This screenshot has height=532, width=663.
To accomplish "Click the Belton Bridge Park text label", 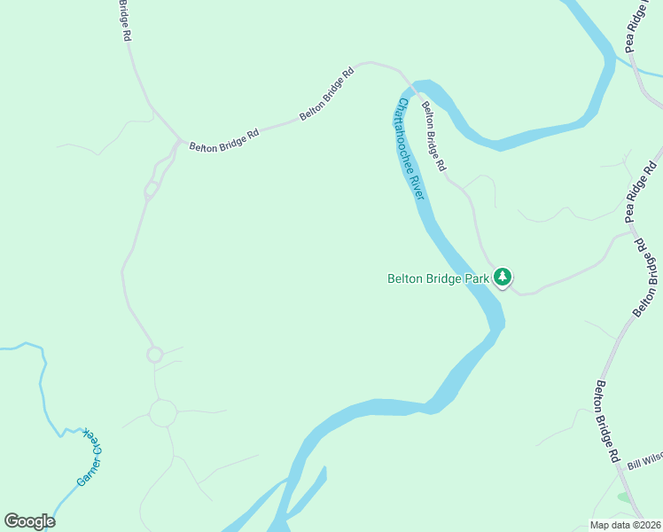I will [x=438, y=278].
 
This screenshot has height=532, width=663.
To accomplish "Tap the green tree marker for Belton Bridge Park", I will [x=503, y=278].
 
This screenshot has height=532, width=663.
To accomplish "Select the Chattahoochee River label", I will [x=410, y=148].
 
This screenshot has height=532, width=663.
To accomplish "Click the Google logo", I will [x=29, y=521].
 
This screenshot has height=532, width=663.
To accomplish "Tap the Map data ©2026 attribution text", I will [x=626, y=525].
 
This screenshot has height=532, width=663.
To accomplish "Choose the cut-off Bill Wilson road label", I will [x=644, y=460].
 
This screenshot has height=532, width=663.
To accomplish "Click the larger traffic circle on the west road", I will [x=163, y=412].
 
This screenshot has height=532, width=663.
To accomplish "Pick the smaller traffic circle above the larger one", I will [x=155, y=355].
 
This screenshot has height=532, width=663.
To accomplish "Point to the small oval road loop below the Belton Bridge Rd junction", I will [x=151, y=189].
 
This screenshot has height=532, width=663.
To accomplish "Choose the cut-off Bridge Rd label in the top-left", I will [x=126, y=20].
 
